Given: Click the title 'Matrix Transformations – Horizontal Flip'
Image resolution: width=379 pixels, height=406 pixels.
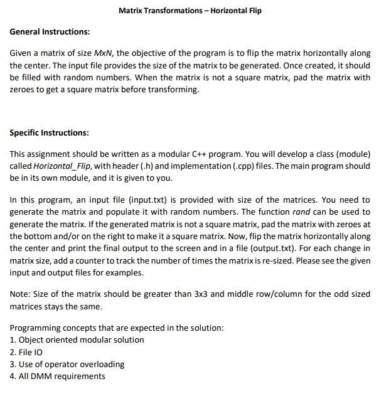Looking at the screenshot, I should point(189,11).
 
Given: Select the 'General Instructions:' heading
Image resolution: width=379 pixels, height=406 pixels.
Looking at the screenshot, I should point(50,31).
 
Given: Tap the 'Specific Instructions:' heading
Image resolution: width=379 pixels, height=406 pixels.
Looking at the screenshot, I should point(50,133).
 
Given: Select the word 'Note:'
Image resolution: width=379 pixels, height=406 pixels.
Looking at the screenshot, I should point(21,295).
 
